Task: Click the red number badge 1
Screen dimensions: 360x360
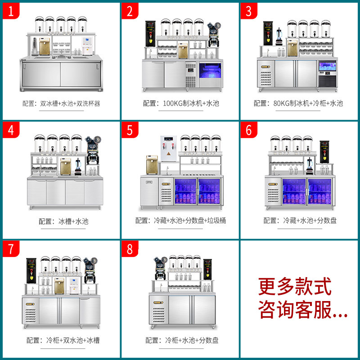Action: [x=12, y=11]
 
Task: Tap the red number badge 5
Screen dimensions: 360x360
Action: [x=130, y=130]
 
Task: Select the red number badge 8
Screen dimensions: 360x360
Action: [x=130, y=249]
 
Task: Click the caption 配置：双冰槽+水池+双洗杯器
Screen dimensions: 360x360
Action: [x=61, y=103]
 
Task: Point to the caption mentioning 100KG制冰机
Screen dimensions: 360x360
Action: [x=181, y=103]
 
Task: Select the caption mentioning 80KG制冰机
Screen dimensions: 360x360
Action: [x=298, y=103]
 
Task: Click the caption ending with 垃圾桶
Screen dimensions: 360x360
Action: [x=181, y=221]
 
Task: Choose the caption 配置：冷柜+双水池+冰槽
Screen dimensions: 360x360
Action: [x=61, y=340]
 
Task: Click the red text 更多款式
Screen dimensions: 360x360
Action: [x=295, y=287]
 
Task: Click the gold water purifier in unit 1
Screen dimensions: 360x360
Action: [x=45, y=46]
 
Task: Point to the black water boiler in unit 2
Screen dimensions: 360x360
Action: [x=150, y=34]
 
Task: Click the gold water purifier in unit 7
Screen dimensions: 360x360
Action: [x=59, y=285]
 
